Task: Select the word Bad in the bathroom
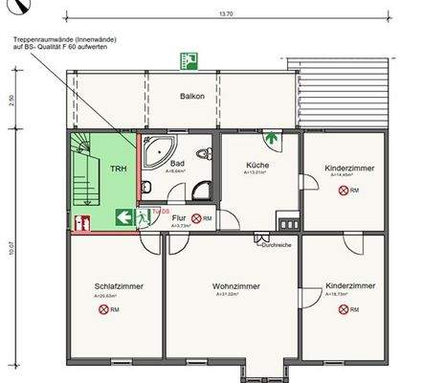point(177,164)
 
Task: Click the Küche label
point(256,165)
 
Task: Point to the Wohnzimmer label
point(233,285)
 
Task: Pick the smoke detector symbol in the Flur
point(196,218)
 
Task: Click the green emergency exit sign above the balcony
point(189,60)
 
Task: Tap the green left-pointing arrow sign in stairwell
point(123,218)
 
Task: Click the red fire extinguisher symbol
point(82,222)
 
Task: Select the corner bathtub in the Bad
point(155,148)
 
